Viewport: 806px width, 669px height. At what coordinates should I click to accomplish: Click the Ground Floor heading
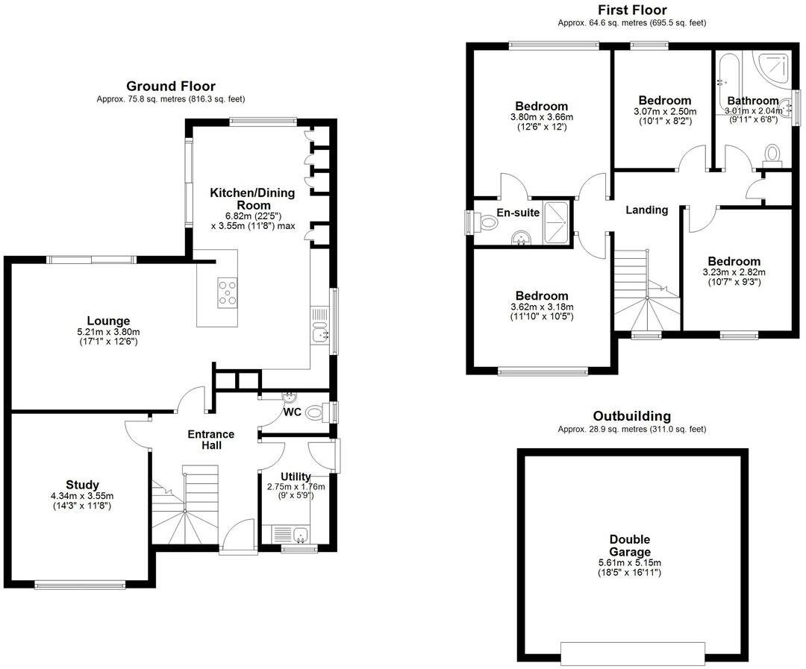170,87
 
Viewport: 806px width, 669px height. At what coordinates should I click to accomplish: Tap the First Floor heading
632,10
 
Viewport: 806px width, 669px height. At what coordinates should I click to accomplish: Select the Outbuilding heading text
631,416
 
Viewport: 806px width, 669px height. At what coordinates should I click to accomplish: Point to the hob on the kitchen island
227,292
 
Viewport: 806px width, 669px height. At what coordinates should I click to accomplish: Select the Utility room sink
300,534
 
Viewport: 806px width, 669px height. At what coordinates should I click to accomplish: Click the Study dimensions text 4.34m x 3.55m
82,496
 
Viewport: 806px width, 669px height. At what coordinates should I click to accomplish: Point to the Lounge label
108,321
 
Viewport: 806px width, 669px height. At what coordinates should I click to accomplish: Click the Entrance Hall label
210,440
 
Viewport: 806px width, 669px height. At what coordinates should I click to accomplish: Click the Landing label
646,210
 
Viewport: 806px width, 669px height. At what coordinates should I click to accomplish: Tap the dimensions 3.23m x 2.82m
734,272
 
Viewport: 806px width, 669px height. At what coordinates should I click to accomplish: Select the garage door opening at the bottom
633,653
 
